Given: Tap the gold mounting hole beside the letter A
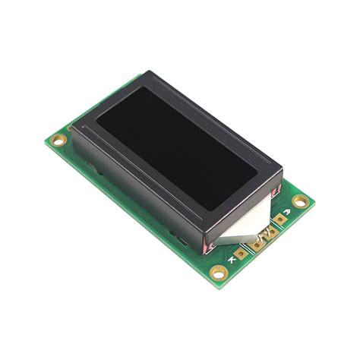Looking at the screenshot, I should click(302, 201).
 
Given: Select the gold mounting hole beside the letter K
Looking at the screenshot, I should click(219, 272).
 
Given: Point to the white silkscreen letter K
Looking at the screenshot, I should click(231, 260).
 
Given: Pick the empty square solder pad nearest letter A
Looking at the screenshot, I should click(279, 219).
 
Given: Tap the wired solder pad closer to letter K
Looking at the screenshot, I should click(257, 244).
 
